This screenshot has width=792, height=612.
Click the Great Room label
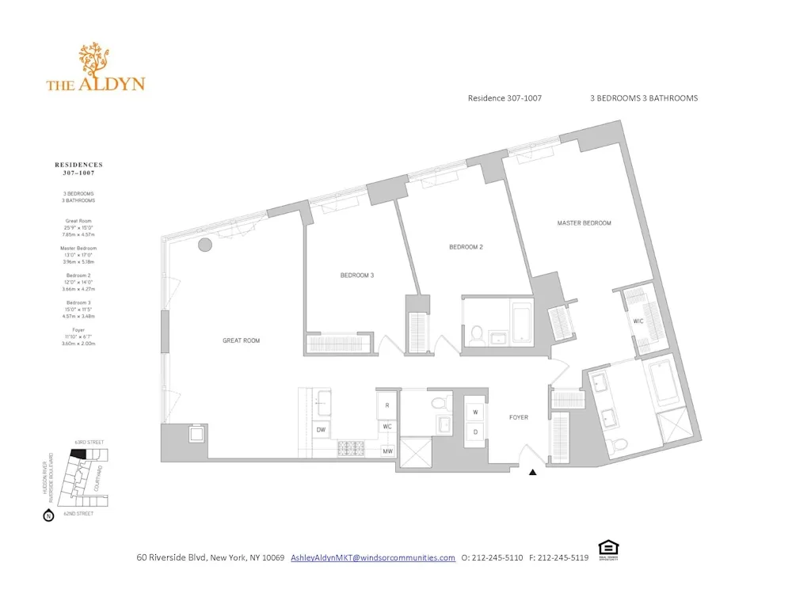coord(241,341)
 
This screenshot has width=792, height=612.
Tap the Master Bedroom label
coord(584,223)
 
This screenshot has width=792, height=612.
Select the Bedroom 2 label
coord(466,247)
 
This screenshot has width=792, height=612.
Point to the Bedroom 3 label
coord(356,276)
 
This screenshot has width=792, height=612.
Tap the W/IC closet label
coord(638,321)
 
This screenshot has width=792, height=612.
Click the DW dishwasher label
coord(321,430)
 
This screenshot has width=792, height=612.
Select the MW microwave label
coord(388,451)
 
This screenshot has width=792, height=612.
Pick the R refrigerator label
coord(387,405)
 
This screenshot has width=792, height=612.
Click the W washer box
coord(476,412)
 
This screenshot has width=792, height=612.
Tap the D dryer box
coord(476,431)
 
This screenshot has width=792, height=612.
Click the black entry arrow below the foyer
coord(532,473)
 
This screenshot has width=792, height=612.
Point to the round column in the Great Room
coord(204,245)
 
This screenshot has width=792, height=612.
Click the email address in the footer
coord(373,557)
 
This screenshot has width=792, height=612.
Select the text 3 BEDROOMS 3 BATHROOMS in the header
coord(643,98)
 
